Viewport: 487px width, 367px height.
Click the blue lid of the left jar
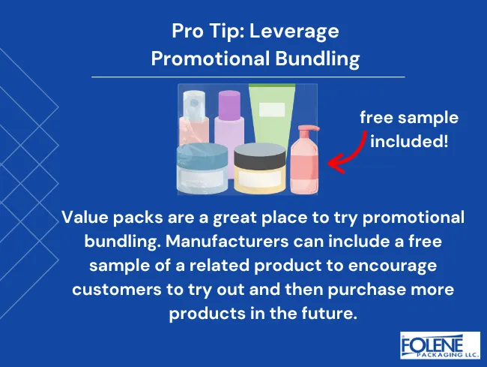point(202,155)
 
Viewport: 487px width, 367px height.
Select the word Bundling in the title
point(318,59)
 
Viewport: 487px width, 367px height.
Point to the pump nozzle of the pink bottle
point(303,129)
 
